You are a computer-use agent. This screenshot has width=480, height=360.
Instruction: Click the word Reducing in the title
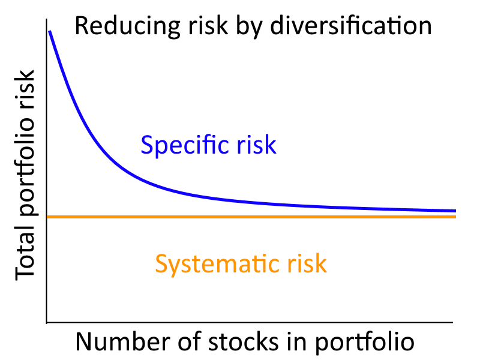(128, 26)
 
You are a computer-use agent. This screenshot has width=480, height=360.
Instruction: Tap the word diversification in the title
(351, 25)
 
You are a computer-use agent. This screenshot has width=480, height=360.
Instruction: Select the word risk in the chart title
(208, 25)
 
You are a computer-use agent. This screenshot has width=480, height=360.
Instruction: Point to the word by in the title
(249, 26)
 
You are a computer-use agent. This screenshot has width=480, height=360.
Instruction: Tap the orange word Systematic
(217, 264)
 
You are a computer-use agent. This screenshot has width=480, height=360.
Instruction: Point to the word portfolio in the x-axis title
(365, 343)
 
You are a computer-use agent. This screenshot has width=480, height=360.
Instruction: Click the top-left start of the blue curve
(50, 31)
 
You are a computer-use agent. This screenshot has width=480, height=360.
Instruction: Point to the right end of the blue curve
(455, 211)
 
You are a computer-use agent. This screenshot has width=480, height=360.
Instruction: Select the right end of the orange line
(455, 217)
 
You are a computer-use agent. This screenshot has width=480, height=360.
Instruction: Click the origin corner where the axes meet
(47, 322)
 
